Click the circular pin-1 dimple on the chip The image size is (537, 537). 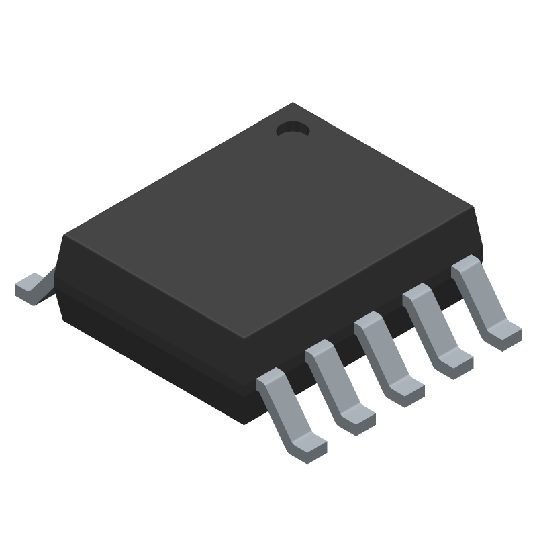pos(292,129)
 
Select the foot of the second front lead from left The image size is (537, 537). pos(357,416)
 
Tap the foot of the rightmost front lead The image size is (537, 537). pos(503,334)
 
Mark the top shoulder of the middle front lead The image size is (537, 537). pos(369,320)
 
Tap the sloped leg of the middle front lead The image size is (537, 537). pos(385,352)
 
